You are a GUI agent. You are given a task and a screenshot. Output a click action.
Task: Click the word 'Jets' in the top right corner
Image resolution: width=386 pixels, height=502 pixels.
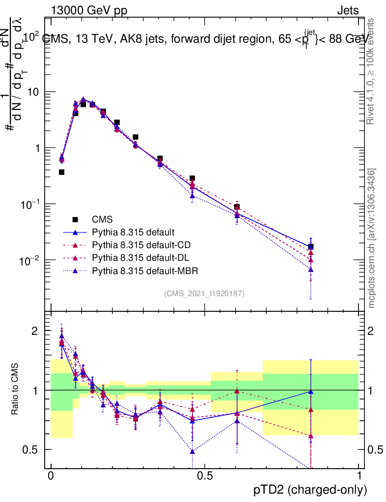click(x=347, y=10)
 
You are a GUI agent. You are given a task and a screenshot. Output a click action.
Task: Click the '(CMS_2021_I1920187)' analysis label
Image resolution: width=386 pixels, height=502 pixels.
click(x=204, y=293)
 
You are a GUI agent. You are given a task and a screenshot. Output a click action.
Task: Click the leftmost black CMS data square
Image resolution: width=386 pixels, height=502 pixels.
click(x=62, y=172)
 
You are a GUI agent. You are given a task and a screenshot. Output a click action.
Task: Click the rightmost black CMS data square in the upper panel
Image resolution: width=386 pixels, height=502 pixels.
click(x=311, y=247)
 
